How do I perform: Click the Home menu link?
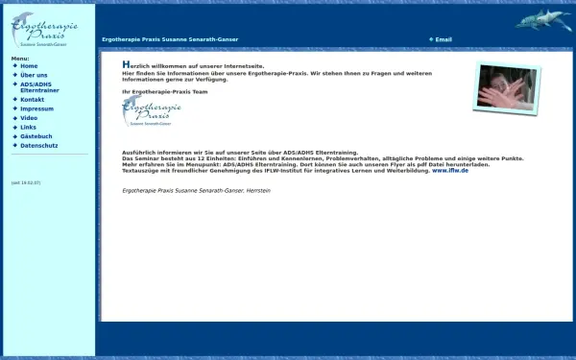[29, 66]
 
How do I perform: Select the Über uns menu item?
[34, 75]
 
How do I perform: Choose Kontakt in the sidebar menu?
[32, 100]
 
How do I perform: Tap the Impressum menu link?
[36, 108]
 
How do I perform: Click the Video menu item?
[29, 118]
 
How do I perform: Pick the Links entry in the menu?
[28, 127]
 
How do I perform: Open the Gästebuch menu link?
[36, 136]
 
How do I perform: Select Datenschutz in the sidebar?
[38, 145]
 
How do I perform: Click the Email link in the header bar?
[443, 39]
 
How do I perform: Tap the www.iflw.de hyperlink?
[450, 170]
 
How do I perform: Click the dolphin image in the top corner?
[542, 19]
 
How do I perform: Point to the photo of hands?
[507, 86]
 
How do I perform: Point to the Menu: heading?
[20, 59]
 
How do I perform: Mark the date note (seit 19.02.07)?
[26, 182]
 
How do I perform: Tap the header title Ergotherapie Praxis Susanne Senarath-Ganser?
[170, 39]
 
